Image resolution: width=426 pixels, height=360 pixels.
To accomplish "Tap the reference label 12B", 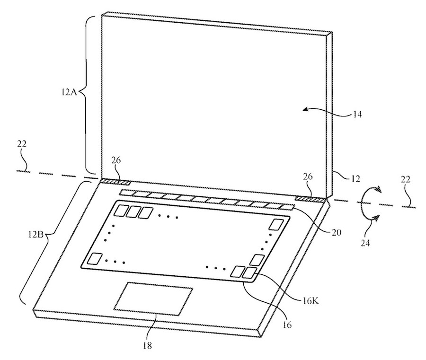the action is click(35, 234).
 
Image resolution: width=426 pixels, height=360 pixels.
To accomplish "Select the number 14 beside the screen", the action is click(357, 114).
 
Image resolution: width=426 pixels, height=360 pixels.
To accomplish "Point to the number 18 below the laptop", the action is click(148, 345).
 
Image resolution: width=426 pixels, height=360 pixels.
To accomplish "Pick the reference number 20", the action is click(336, 232).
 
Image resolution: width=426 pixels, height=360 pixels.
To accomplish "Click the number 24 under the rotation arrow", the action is click(365, 243).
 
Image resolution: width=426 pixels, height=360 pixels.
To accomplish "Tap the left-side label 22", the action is click(22, 144).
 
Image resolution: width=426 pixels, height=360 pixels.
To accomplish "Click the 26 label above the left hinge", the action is click(116, 160).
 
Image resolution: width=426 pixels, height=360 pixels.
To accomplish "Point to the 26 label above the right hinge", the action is click(308, 177).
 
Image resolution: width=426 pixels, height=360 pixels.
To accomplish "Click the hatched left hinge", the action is click(115, 183).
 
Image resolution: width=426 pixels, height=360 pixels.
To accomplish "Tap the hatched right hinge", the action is click(310, 199).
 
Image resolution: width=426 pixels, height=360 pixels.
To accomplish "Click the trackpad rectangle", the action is click(153, 299).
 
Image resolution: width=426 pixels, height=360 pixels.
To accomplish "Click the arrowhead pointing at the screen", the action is click(307, 109).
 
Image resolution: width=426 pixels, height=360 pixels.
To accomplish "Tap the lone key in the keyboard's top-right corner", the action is click(276, 224).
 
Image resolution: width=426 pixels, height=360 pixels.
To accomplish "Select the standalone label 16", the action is click(287, 324).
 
